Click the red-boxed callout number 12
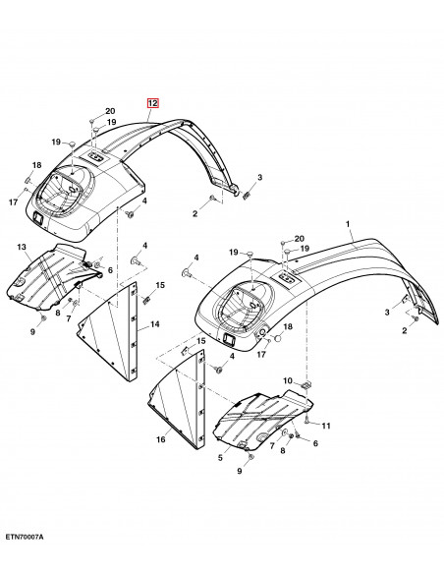pos(152,102)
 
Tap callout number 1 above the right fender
pos(348,224)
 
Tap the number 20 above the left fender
pos(109,111)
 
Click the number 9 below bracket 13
pos(32,333)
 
